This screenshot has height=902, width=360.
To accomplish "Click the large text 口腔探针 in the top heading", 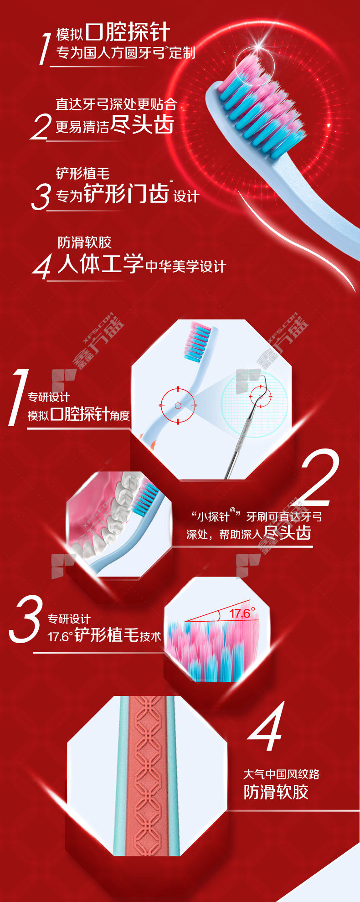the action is [128, 32].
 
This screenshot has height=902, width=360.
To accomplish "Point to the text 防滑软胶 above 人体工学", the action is [84, 242].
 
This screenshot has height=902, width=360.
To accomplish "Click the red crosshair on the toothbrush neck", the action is [178, 405].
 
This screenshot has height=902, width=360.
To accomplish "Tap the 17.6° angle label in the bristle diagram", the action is [242, 613].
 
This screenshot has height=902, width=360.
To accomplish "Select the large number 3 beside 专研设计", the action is [26, 619].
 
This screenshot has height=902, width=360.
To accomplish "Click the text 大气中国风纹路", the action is [281, 774].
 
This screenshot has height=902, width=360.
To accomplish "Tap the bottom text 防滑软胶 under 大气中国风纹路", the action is [276, 792].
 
